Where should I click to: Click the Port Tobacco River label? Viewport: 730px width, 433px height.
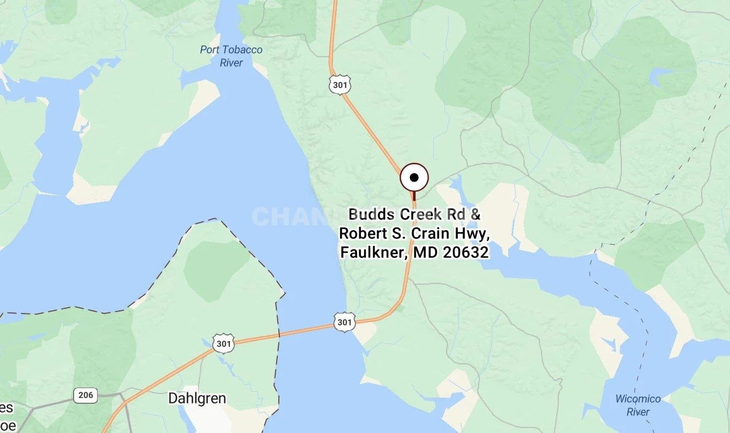pos(231,56)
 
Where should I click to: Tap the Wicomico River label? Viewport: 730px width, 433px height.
pos(638,405)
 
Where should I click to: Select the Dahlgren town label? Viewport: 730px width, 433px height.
pos(197,399)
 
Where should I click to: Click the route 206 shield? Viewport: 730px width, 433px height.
pos(85,395)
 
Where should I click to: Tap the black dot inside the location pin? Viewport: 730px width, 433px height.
pos(414,178)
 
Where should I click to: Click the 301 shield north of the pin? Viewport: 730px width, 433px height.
pos(340,85)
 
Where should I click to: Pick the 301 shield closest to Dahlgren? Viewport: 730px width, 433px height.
pos(223,343)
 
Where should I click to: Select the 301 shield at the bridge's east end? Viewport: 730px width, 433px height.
pos(345,322)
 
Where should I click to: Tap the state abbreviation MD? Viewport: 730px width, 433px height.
pos(426,252)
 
